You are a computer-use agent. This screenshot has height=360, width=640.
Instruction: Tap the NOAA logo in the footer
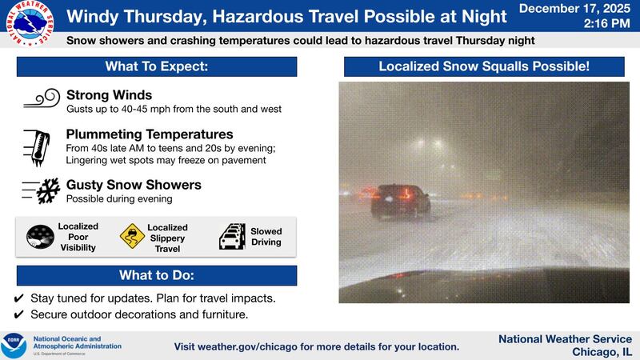click(14, 346)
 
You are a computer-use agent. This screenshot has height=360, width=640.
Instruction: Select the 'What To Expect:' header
click(157, 66)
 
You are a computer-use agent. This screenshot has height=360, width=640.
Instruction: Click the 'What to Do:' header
click(157, 275)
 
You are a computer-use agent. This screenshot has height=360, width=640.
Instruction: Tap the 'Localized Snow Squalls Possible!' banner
click(489, 66)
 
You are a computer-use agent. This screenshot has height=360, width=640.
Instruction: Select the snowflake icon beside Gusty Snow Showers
click(42, 190)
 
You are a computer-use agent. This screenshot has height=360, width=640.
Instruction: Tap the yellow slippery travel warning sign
click(131, 237)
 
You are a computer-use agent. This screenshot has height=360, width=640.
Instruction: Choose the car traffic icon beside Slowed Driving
click(232, 237)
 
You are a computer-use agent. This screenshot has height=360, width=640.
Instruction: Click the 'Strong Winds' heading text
click(109, 94)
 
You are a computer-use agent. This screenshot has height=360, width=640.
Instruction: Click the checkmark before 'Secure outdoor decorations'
click(19, 314)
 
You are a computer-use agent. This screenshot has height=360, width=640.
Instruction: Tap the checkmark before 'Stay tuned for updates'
click(19, 298)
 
